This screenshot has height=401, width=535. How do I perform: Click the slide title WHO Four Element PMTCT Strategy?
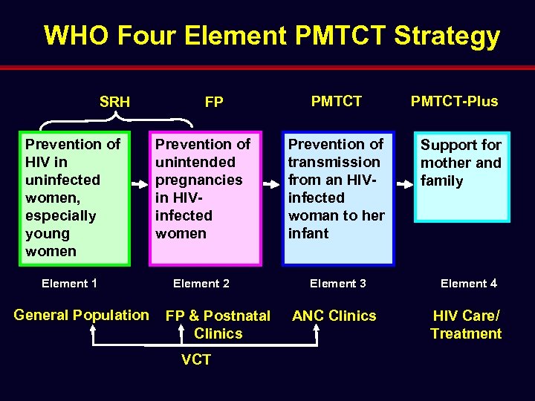pyautogui.click(x=272, y=36)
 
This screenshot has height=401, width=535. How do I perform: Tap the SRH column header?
pyautogui.click(x=114, y=102)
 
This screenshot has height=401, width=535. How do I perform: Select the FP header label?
pyautogui.click(x=214, y=102)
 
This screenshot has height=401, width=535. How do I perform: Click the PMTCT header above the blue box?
pyautogui.click(x=337, y=101)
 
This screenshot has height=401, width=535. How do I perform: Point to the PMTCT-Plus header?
pyautogui.click(x=455, y=101)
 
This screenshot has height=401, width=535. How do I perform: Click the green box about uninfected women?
pyautogui.click(x=74, y=198)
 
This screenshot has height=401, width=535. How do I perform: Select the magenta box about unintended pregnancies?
pyautogui.click(x=206, y=198)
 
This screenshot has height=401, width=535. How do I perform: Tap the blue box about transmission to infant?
pyautogui.click(x=338, y=198)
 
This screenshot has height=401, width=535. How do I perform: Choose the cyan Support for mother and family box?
pyautogui.click(x=461, y=177)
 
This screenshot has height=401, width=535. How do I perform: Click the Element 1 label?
pyautogui.click(x=70, y=283)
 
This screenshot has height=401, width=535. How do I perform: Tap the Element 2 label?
pyautogui.click(x=201, y=283)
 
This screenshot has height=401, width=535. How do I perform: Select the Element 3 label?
pyautogui.click(x=338, y=283)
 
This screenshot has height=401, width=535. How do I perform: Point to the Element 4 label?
pyautogui.click(x=469, y=283)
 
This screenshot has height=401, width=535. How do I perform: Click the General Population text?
pyautogui.click(x=81, y=315)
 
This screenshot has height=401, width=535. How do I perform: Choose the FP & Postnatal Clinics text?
pyautogui.click(x=218, y=325)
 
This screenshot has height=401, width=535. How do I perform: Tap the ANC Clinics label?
pyautogui.click(x=334, y=316)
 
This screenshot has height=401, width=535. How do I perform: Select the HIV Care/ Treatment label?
pyautogui.click(x=466, y=325)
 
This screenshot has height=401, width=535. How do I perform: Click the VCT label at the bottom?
pyautogui.click(x=196, y=360)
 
